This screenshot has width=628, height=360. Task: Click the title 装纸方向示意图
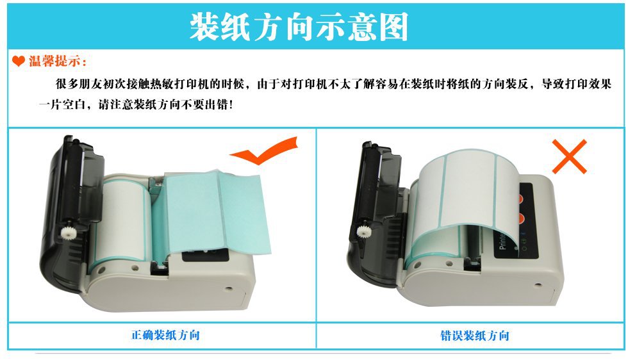[299, 26]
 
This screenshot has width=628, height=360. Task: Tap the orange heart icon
[19, 61]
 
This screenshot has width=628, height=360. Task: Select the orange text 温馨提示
[55, 61]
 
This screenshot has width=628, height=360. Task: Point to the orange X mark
[569, 156]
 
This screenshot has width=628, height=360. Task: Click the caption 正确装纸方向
[165, 335]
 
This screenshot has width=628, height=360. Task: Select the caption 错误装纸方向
[475, 336]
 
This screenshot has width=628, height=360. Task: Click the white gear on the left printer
[67, 231]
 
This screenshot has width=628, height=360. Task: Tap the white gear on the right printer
[364, 231]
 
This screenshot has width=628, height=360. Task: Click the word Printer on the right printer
[502, 242]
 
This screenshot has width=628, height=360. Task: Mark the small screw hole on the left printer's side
[228, 288]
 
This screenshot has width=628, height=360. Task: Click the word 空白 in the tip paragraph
[74, 105]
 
